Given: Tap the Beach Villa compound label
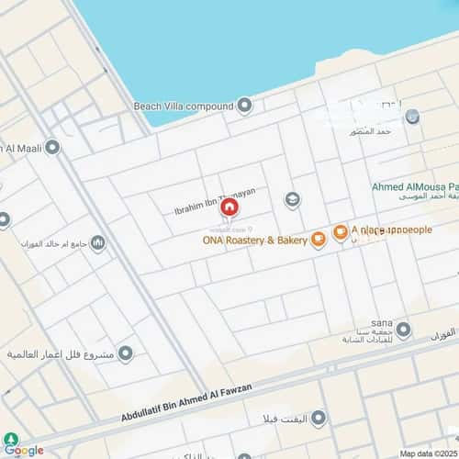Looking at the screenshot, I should (184, 106).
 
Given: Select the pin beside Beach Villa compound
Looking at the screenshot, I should (244, 106).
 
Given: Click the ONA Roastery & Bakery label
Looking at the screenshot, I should (254, 241).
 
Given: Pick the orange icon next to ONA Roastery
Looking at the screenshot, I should (318, 241).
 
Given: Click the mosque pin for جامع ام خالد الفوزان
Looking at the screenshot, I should (97, 242).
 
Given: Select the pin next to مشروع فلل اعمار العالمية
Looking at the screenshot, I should (126, 353).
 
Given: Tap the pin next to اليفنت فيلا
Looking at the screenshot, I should (319, 419).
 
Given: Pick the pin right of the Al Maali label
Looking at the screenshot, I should (51, 147).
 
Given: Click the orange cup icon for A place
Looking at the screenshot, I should (340, 232).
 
